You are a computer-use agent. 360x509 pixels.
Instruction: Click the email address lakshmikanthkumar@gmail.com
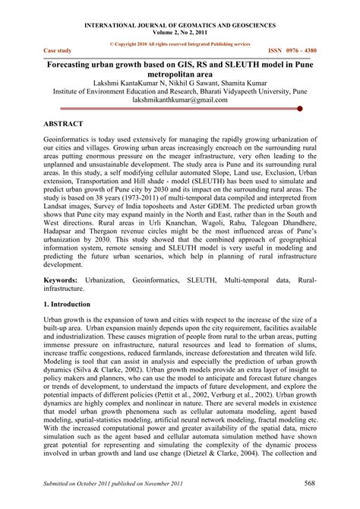click(180, 98)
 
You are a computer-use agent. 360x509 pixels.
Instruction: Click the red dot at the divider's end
click(302, 109)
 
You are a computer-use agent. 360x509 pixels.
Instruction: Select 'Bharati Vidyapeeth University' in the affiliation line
click(258, 88)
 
